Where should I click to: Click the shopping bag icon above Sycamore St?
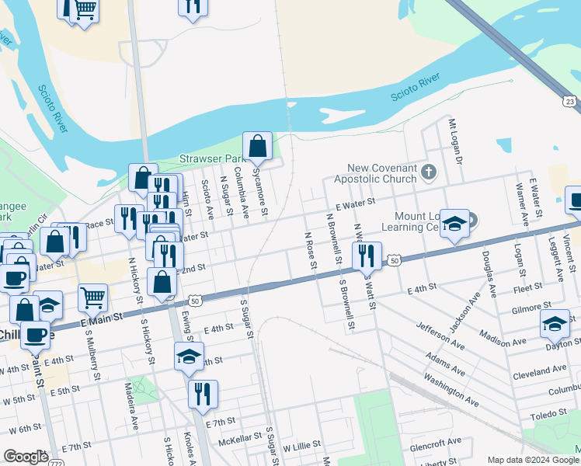click(x=257, y=145)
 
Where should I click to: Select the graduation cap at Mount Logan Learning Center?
click(x=454, y=224)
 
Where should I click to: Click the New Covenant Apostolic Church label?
click(x=381, y=173)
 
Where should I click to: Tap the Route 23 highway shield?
click(x=570, y=101)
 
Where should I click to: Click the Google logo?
click(x=26, y=457)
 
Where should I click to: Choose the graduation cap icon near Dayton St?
click(x=555, y=323)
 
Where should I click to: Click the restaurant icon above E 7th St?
click(x=203, y=393)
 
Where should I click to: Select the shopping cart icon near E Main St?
click(x=92, y=297)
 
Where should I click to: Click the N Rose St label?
click(x=311, y=251)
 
